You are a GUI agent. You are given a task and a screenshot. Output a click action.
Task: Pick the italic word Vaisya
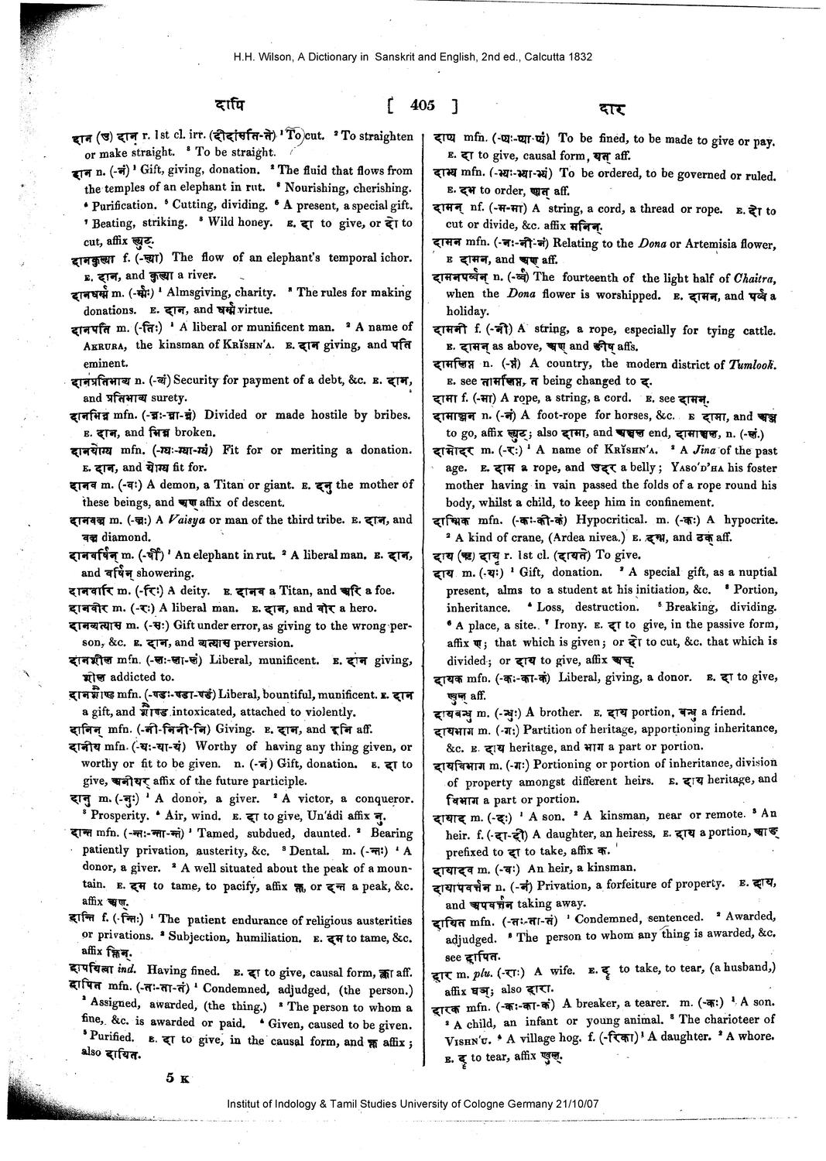186,519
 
